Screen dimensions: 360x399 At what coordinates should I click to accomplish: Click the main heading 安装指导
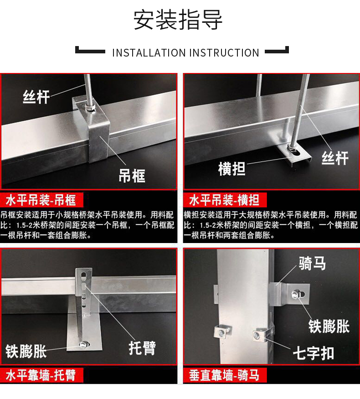(x=178, y=20)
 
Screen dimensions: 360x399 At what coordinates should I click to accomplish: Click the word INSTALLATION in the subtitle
(x=149, y=53)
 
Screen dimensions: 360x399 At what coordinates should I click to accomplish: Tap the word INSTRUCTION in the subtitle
(x=224, y=53)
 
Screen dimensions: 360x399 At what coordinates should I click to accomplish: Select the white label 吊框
(x=132, y=176)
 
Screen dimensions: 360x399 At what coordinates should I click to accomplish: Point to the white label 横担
(x=231, y=169)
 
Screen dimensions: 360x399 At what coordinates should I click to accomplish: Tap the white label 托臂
(x=142, y=348)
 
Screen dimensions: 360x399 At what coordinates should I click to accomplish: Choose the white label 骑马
(x=312, y=263)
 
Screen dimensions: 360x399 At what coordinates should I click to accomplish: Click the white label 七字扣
(x=314, y=353)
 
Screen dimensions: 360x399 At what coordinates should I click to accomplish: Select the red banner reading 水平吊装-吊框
(x=41, y=200)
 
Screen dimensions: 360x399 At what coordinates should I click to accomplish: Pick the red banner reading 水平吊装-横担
(x=225, y=200)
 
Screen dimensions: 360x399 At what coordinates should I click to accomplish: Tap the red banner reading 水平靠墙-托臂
(x=41, y=375)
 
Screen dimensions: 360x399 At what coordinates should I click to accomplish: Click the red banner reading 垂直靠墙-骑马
(x=225, y=375)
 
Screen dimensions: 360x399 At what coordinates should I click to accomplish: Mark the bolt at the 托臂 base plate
(x=83, y=345)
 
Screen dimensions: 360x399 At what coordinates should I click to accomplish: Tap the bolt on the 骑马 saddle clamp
(x=296, y=295)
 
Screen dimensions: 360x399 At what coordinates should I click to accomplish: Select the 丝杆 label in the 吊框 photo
(x=36, y=97)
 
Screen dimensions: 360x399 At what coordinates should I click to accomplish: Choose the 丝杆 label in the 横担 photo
(x=335, y=158)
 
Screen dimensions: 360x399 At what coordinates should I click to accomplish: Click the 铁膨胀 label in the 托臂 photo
(x=26, y=352)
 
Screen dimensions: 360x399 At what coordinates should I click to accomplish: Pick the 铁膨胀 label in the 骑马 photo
(x=329, y=326)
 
